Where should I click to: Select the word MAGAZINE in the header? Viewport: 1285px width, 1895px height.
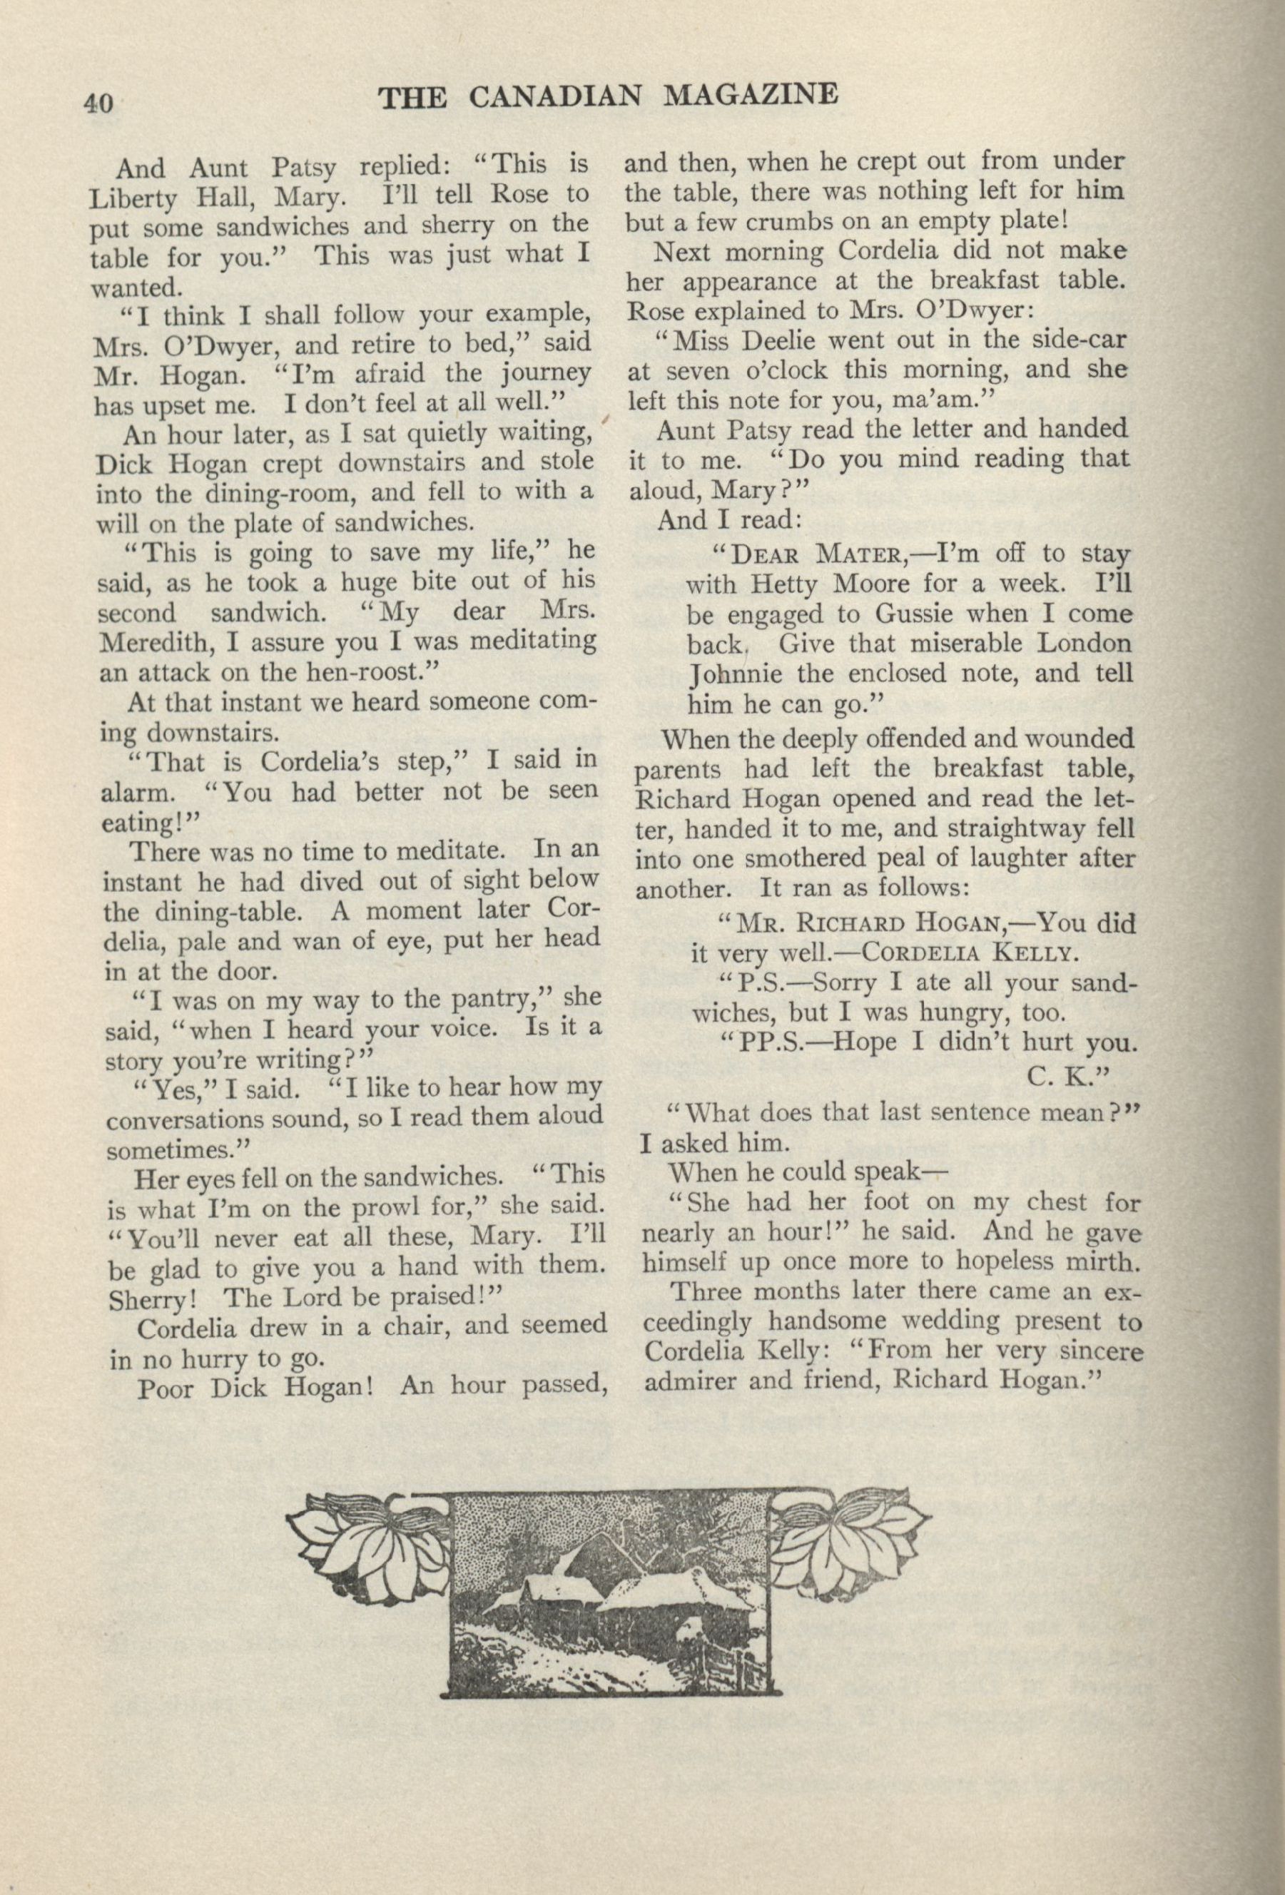click(x=752, y=96)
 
